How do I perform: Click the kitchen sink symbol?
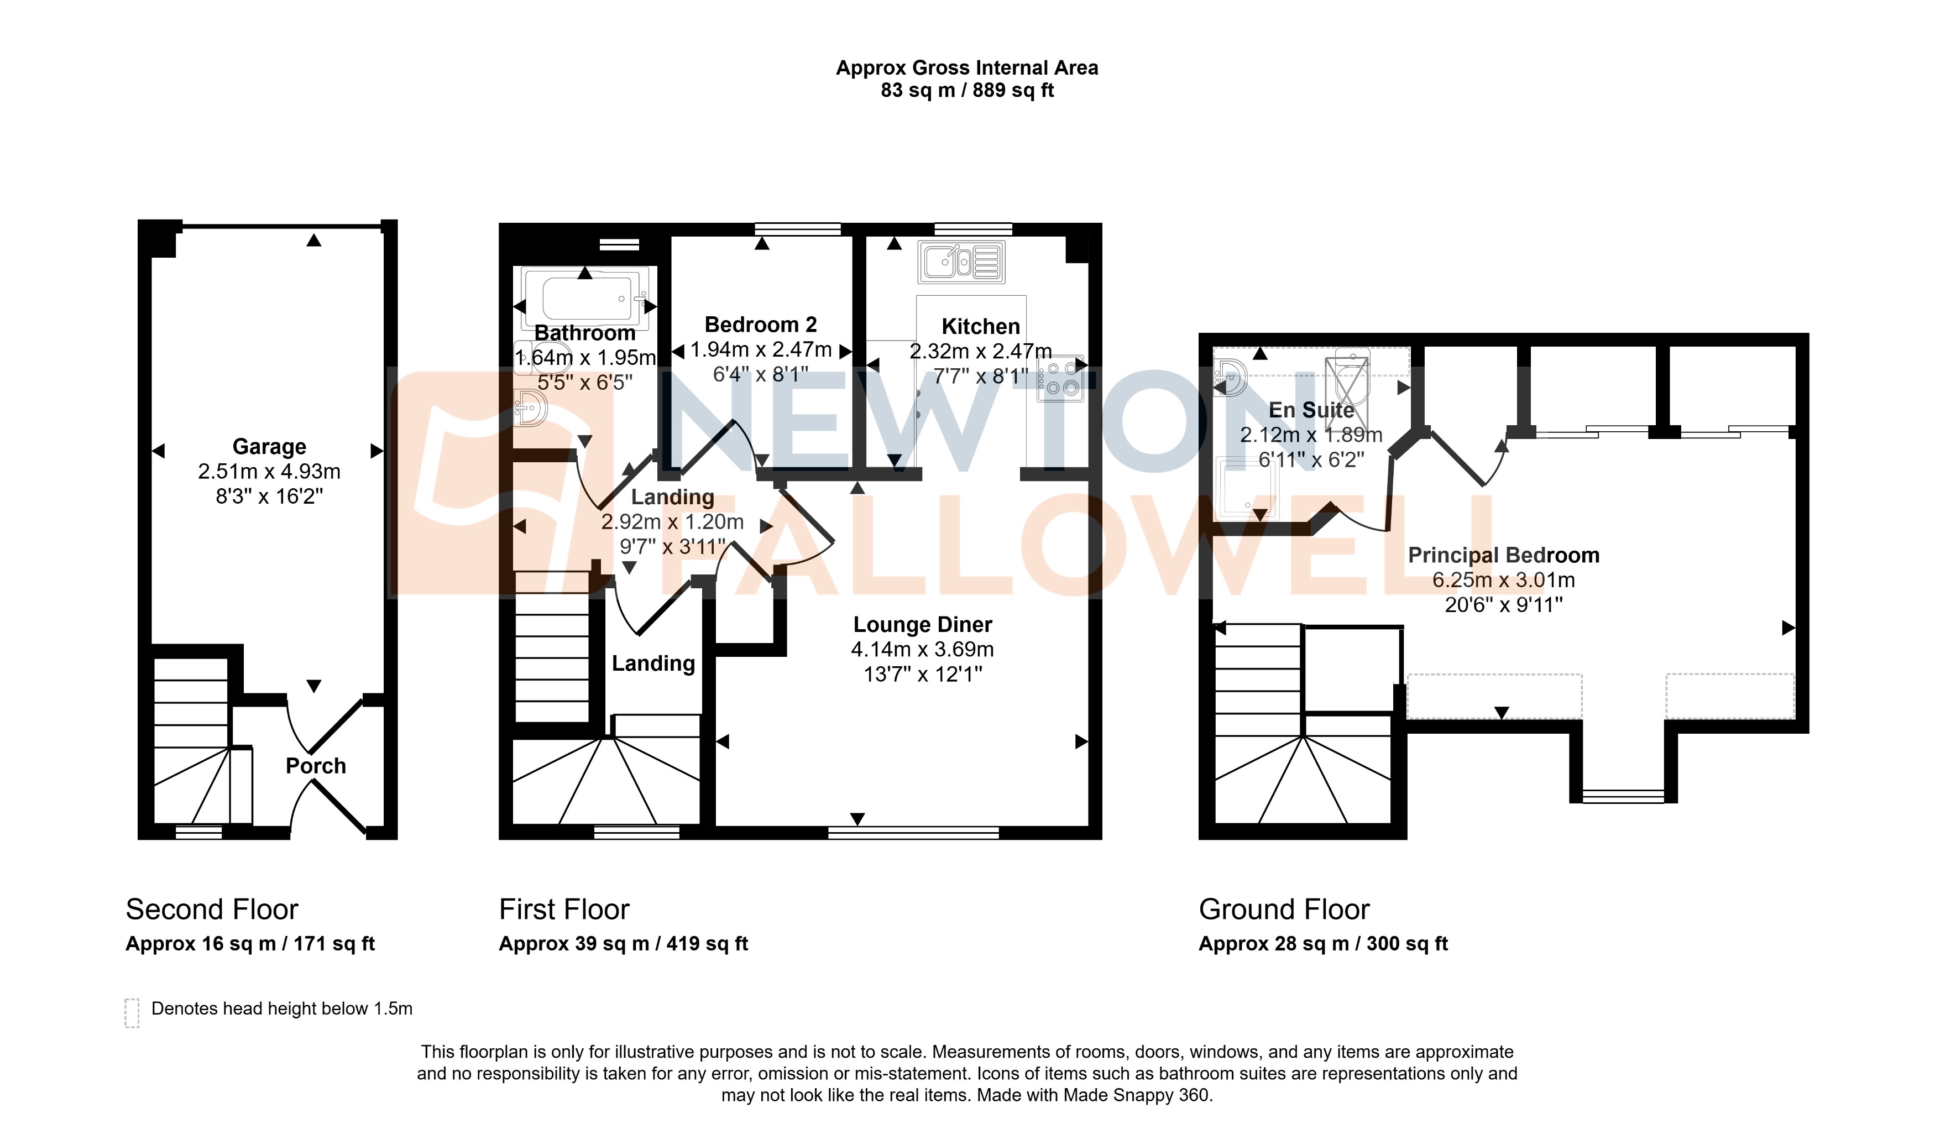coord(961,263)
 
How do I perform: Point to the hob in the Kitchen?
coord(1060,379)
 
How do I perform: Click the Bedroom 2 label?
coord(760,325)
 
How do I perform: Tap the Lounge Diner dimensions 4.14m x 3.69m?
coord(922,650)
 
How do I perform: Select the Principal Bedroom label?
coord(1503,555)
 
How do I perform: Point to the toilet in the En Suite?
coord(1351,376)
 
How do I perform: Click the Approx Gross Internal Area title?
coord(967,69)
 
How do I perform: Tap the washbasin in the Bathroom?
coord(530,407)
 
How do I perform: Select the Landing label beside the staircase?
coord(653,663)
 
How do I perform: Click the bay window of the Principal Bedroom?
coord(1623,796)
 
